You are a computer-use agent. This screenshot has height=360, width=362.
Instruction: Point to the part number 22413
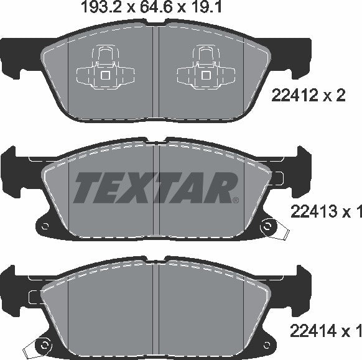[x=310, y=213]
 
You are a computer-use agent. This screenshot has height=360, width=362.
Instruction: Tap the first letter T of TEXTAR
[x=87, y=186]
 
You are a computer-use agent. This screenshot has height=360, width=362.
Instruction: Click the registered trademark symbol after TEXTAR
[x=235, y=200]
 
